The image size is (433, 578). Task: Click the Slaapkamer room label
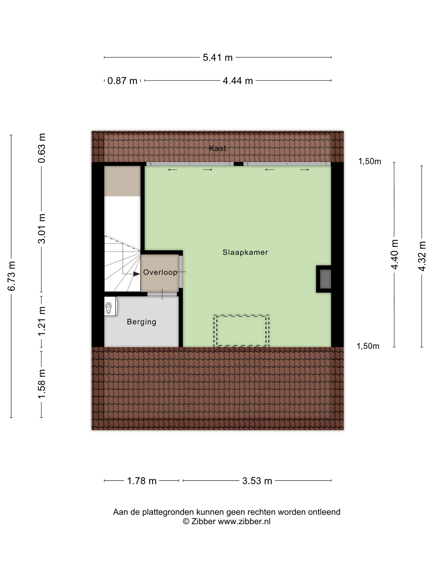(245, 252)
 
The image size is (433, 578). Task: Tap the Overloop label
(160, 272)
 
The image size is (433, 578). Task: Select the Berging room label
(141, 322)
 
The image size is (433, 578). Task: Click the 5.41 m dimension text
(217, 57)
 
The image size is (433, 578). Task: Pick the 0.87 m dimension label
(122, 81)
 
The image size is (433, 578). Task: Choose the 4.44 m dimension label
(238, 81)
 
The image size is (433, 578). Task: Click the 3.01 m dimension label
(42, 228)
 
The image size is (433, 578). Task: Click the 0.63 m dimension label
(42, 148)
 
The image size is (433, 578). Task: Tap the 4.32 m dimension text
(422, 256)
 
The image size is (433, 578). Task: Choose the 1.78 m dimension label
(141, 481)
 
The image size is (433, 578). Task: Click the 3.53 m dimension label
(257, 481)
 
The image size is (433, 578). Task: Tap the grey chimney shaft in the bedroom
(325, 279)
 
